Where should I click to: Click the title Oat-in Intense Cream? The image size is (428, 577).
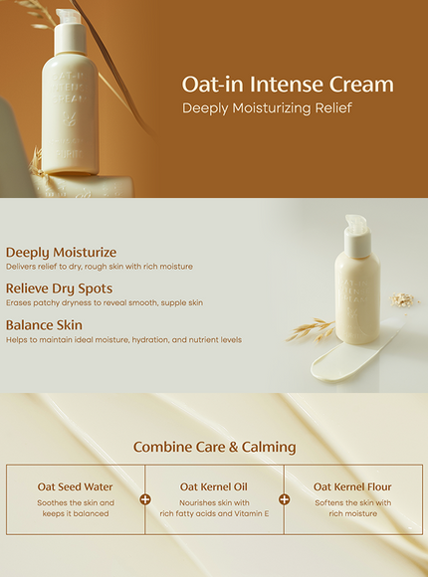click(288, 85)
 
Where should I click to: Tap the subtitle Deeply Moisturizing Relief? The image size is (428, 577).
click(268, 107)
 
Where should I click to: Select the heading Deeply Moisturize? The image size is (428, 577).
click(61, 253)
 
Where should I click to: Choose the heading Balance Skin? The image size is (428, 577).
click(44, 325)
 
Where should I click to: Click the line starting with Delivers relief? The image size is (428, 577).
click(100, 267)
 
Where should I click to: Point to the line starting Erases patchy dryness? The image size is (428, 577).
click(105, 302)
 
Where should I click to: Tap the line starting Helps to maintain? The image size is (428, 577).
click(123, 339)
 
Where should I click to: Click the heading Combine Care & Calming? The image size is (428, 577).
click(214, 447)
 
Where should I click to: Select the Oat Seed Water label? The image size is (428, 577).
click(76, 486)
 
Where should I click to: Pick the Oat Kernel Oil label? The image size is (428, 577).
click(214, 486)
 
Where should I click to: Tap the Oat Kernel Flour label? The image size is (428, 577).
click(352, 486)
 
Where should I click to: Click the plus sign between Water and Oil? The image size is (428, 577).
click(145, 499)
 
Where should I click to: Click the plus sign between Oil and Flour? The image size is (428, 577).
click(284, 499)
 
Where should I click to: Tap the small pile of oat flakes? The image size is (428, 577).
click(402, 298)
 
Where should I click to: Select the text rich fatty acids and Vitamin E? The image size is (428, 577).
click(214, 513)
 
